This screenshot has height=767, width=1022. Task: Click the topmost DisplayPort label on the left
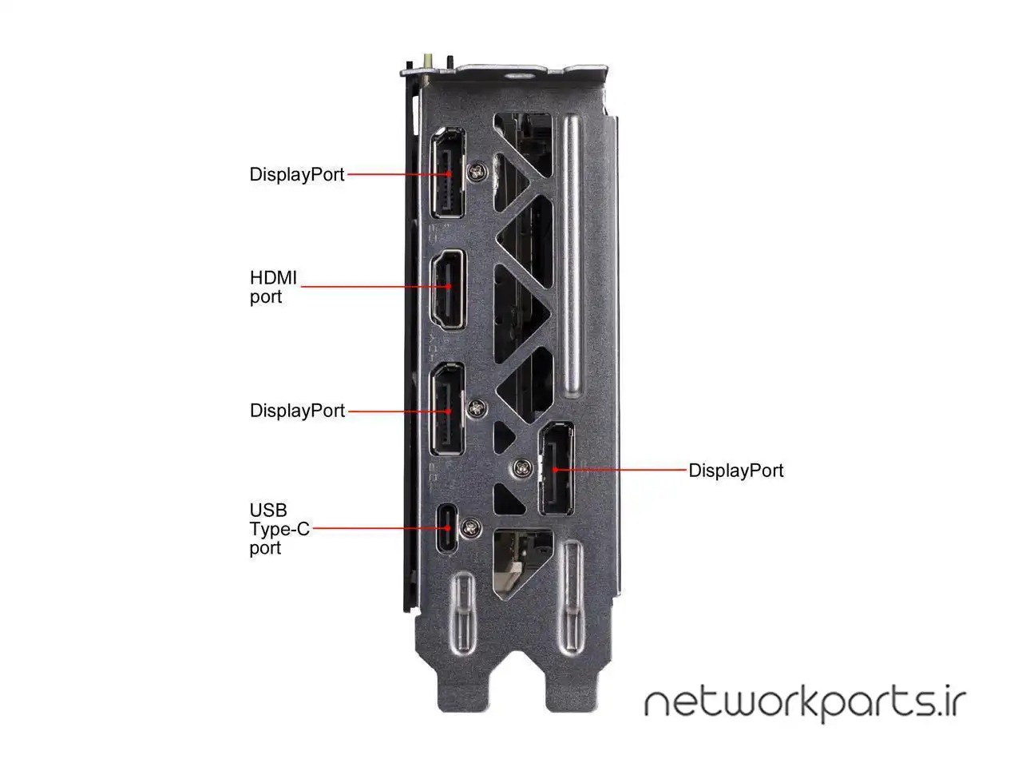point(296,174)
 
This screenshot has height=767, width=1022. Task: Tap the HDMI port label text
point(272,288)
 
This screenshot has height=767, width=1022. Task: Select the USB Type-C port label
point(279,529)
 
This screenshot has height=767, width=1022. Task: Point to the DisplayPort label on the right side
point(735,471)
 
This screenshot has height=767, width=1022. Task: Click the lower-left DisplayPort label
point(297,411)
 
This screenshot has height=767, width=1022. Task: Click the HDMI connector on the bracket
point(449,290)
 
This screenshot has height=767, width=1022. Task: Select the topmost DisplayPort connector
point(449,173)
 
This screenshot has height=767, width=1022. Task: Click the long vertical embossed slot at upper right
point(572,256)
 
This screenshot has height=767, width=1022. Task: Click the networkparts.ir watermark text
point(805,702)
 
